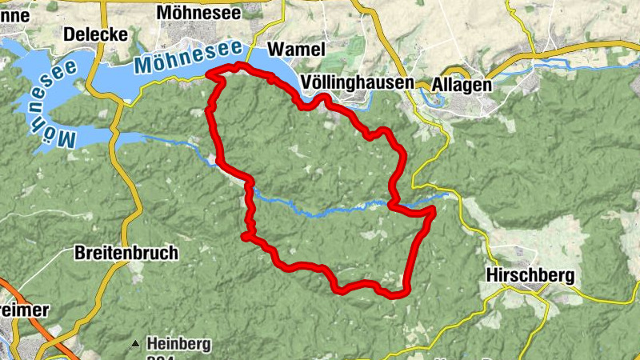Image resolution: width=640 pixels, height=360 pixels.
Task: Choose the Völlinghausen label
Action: point(358,83)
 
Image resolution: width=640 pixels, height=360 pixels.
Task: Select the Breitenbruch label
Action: point(126,253)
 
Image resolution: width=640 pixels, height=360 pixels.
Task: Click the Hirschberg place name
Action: point(530,275)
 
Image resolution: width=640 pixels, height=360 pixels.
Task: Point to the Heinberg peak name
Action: point(178,344)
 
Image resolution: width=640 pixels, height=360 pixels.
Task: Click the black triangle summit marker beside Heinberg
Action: point(135,345)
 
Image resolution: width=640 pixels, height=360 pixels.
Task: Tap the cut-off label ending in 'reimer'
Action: point(24,310)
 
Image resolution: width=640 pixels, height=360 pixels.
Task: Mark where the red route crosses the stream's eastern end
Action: point(394,205)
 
